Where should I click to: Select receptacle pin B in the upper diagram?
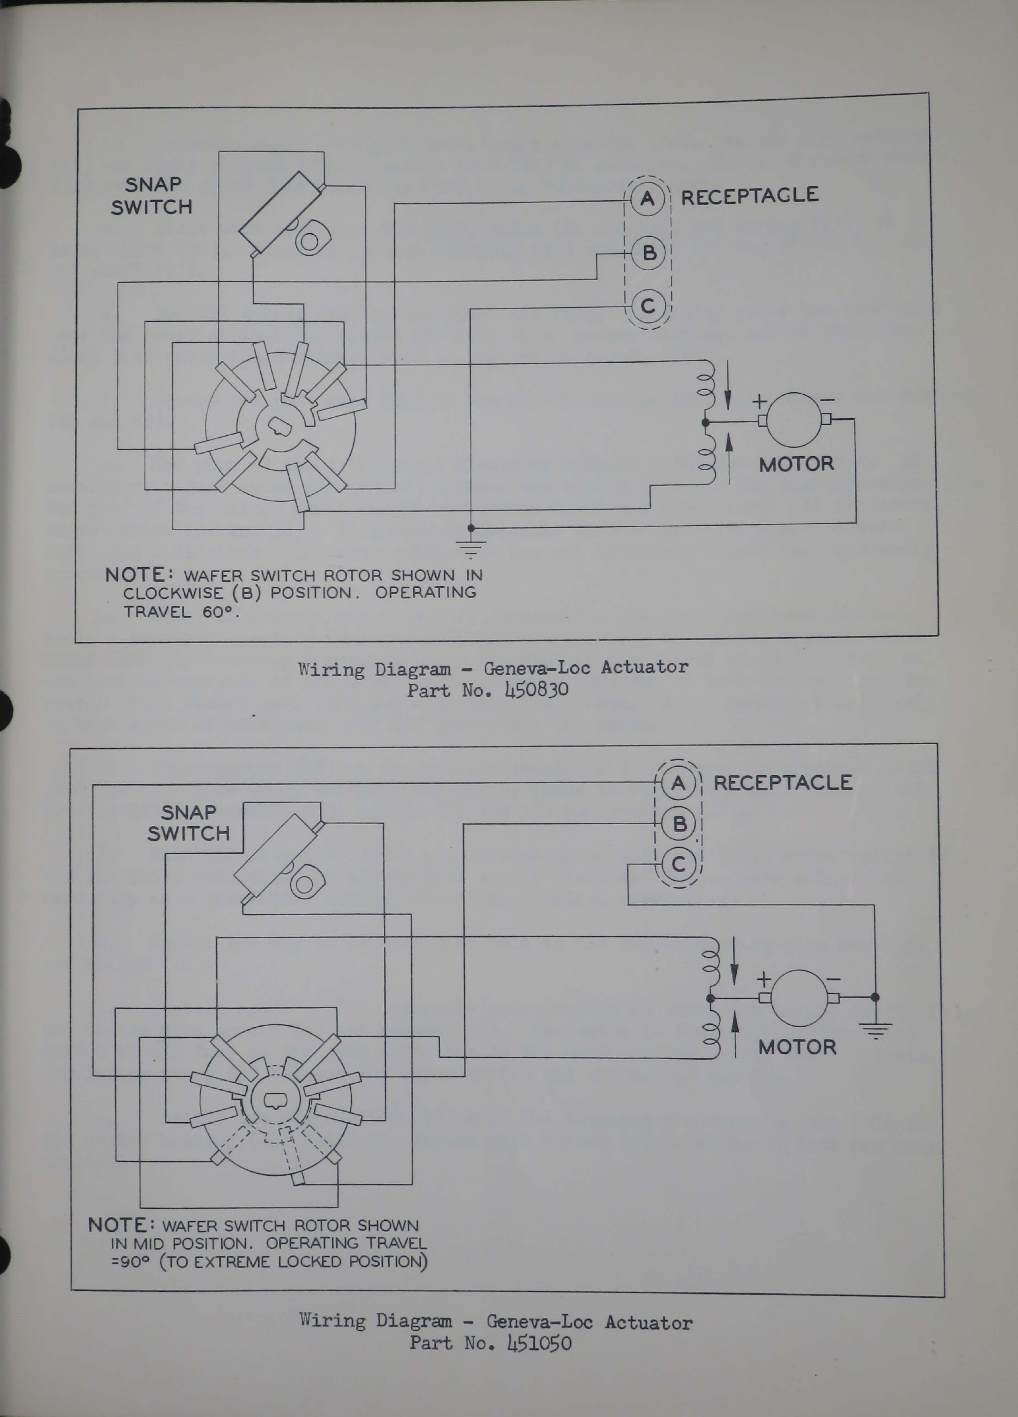coord(649,253)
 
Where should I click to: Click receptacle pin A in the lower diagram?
coord(678,783)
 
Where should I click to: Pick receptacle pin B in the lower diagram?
coord(679,824)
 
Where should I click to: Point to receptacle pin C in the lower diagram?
coord(679,865)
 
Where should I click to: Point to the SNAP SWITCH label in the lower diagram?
coord(188,823)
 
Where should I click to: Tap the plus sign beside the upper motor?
coord(760,400)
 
